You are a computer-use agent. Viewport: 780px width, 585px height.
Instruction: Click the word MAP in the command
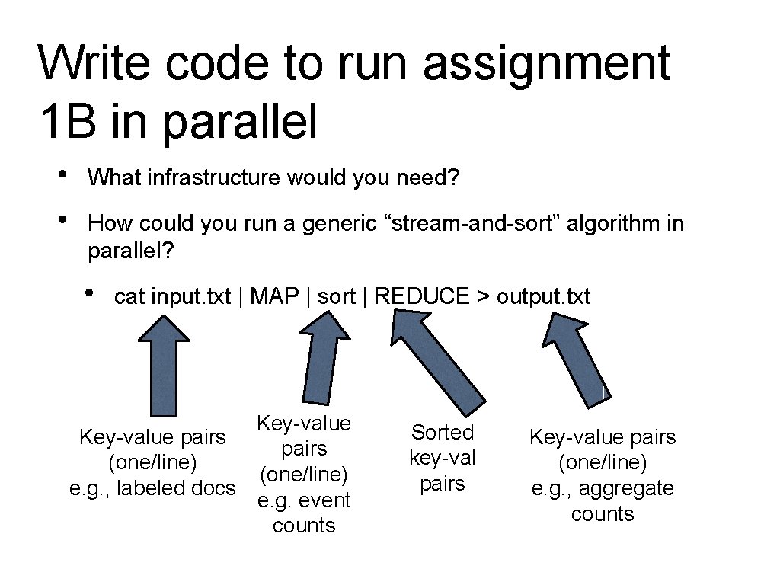[x=273, y=297]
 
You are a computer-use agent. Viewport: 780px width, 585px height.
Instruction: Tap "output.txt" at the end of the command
[x=543, y=297]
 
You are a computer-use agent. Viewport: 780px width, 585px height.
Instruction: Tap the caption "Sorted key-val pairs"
[x=443, y=458]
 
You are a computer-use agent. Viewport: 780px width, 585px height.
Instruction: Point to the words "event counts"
[x=304, y=513]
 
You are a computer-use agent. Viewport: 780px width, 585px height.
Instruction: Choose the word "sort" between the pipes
[x=336, y=297]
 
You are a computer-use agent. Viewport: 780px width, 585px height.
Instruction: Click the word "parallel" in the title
[x=240, y=121]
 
